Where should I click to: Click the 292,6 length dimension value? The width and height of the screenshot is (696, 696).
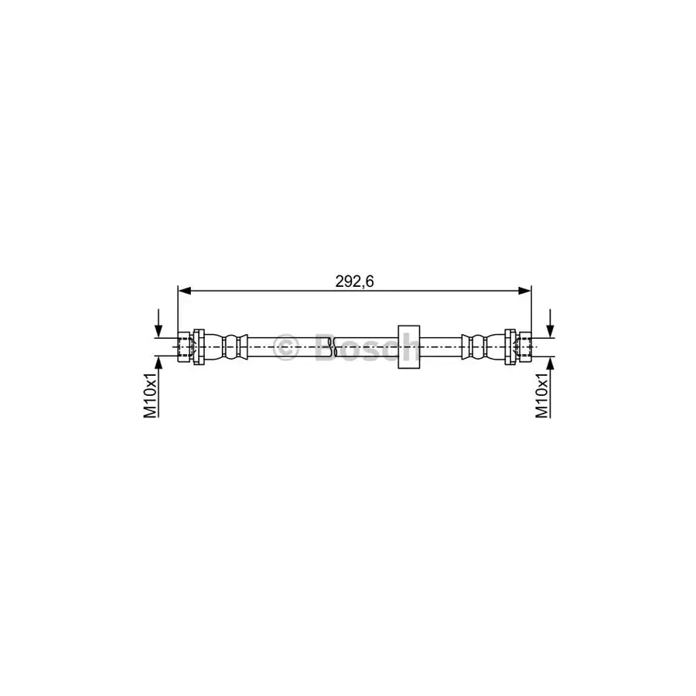[354, 281]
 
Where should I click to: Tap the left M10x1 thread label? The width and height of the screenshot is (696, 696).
[151, 394]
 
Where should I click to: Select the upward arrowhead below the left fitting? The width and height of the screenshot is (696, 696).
[159, 363]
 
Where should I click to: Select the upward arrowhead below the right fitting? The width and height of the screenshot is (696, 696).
[551, 363]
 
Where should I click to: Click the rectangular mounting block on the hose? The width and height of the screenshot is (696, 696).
[407, 346]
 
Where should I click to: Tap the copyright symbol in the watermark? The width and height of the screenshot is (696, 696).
[287, 347]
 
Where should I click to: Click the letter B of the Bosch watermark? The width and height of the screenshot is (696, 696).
[328, 347]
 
